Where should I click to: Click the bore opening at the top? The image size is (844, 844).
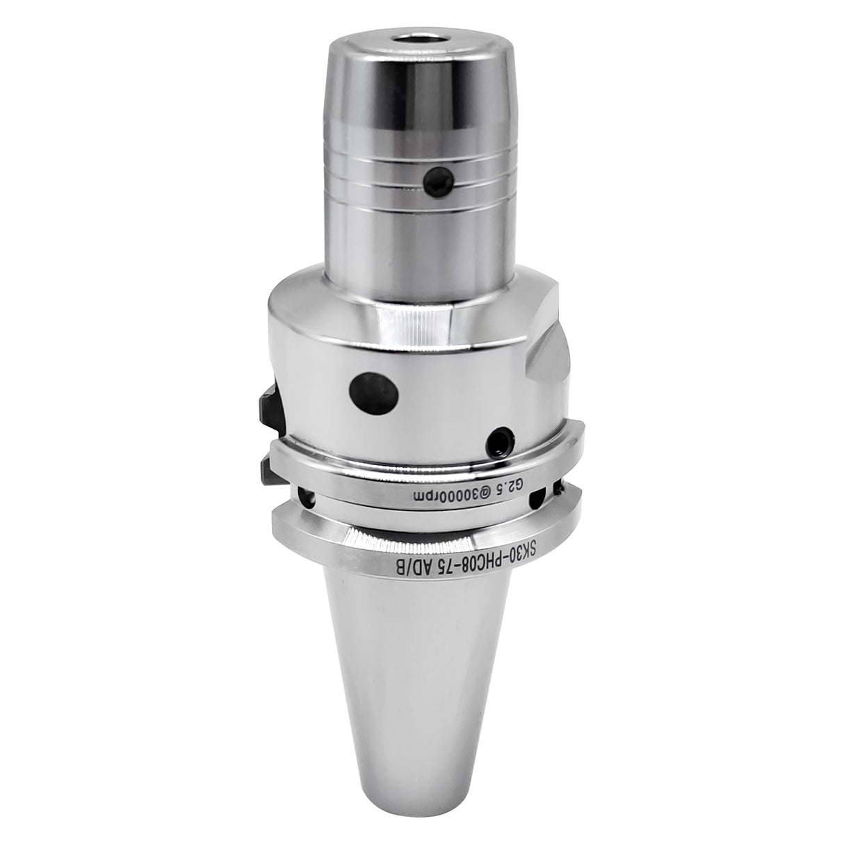[x=421, y=39]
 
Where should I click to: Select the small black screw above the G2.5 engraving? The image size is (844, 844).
[x=500, y=440]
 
